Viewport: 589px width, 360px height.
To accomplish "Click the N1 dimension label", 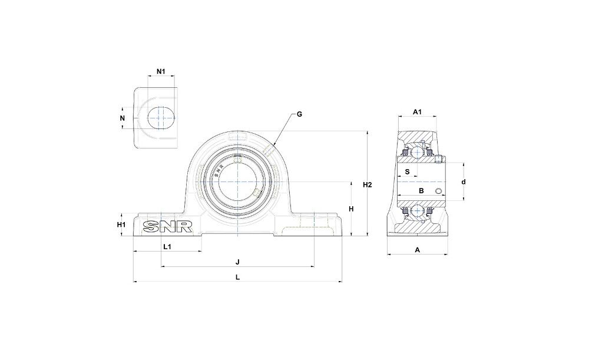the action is (161, 71).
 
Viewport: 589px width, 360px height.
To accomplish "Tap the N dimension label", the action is (122, 118).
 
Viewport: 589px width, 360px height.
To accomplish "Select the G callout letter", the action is (299, 114).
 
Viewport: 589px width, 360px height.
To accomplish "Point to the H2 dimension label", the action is (368, 185).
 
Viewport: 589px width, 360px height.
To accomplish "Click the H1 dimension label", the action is (121, 224).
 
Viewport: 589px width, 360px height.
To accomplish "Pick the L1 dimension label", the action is (167, 247).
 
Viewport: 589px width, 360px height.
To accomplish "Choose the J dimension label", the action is (237, 262).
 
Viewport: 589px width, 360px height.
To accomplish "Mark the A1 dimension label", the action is (418, 111).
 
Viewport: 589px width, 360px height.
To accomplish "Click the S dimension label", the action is (407, 172).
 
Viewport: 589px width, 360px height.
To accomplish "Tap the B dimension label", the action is (421, 191).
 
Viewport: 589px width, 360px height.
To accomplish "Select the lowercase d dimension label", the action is (464, 182).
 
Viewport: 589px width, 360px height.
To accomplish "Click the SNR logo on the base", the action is (167, 227).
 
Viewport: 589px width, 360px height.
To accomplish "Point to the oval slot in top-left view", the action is (161, 118).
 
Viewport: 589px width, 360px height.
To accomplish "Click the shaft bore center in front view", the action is (237, 182).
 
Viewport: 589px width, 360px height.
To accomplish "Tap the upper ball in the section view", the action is (417, 152).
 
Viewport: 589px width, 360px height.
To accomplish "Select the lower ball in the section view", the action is (417, 211).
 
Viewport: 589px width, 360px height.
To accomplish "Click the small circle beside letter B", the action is (438, 191).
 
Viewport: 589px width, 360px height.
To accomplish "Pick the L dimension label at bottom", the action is (237, 278).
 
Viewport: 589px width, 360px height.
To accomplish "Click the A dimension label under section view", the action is (417, 250).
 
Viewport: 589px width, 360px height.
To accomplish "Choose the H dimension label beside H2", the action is (351, 209).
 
